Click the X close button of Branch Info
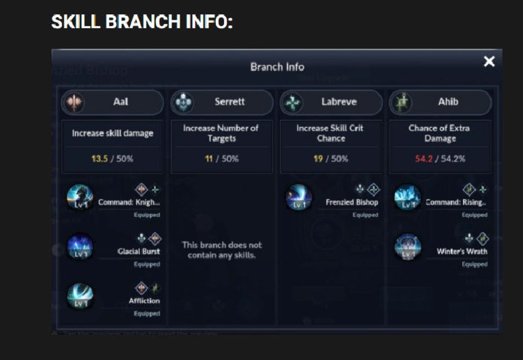(x=489, y=62)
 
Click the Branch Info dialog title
(x=277, y=67)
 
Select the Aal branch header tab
(x=112, y=102)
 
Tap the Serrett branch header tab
(x=222, y=102)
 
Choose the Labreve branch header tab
(x=332, y=102)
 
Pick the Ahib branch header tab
(x=441, y=102)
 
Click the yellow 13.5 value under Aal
(x=99, y=159)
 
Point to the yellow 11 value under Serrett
(x=209, y=159)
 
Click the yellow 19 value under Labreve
(x=319, y=159)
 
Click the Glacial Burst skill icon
(x=80, y=247)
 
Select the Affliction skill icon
(x=80, y=296)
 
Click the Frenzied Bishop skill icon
(x=299, y=198)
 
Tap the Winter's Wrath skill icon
(x=408, y=247)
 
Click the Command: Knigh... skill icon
(x=80, y=198)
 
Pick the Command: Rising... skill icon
(x=408, y=198)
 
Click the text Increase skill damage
(x=112, y=133)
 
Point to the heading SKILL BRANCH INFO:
(x=142, y=22)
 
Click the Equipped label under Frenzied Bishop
(x=365, y=215)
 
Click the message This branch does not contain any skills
(x=222, y=250)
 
